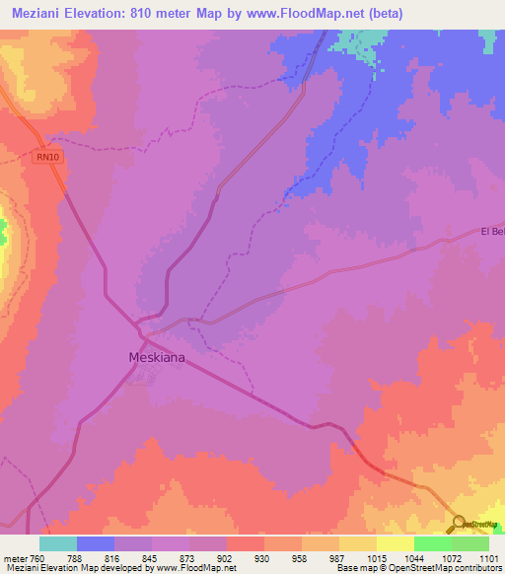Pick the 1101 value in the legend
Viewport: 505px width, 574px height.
489,557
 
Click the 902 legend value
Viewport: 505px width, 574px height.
225,557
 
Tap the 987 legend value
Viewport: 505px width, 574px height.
337,557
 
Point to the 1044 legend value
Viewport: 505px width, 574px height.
414,557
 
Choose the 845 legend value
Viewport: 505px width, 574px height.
152,557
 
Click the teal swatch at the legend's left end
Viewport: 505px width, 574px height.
58,543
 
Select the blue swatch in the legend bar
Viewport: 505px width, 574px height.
96,543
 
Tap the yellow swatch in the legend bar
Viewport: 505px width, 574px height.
396,543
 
